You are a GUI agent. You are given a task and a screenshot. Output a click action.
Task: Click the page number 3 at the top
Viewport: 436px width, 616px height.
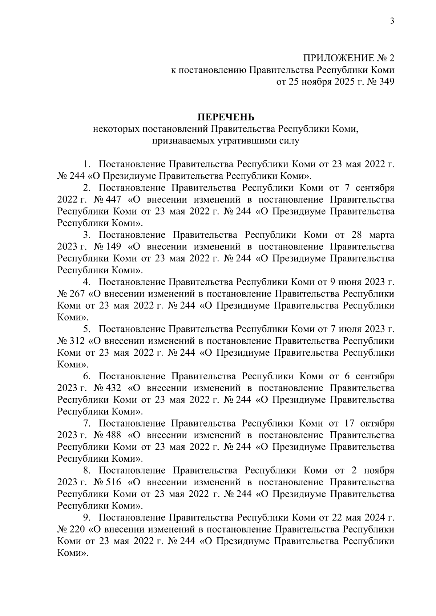pos(392,21)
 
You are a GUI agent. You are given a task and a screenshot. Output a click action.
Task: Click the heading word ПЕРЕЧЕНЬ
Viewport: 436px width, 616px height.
pos(226,117)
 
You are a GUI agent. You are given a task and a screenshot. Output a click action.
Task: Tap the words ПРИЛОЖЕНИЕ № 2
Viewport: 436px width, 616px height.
pos(349,58)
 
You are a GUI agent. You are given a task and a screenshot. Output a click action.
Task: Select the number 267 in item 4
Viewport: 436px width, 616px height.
pos(78,294)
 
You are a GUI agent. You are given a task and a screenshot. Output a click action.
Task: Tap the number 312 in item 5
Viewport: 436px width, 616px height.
pos(78,341)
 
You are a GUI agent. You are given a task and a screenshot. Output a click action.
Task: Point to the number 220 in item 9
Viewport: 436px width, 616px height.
pos(78,529)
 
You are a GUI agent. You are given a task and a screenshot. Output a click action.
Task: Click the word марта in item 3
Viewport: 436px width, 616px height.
pos(382,235)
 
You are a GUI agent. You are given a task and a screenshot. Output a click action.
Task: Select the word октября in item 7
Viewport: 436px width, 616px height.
pos(377,423)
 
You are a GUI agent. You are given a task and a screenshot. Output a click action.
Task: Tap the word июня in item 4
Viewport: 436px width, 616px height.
pos(348,282)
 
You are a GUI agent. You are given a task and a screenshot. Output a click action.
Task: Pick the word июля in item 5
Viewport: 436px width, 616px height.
pos(348,329)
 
